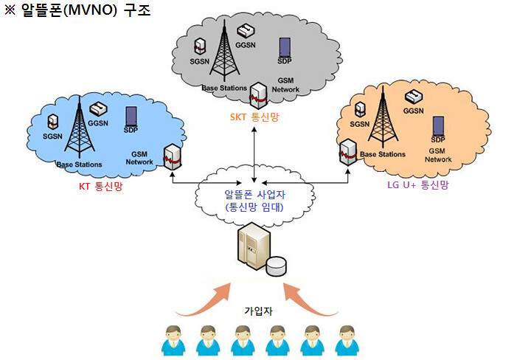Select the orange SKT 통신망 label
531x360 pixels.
pyautogui.click(x=254, y=117)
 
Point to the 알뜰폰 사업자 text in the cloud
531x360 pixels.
pyautogui.click(x=254, y=195)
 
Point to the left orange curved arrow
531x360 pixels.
pyautogui.click(x=203, y=298)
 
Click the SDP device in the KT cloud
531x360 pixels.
pyautogui.click(x=131, y=116)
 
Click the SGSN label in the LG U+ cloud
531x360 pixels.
pyautogui.click(x=359, y=124)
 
